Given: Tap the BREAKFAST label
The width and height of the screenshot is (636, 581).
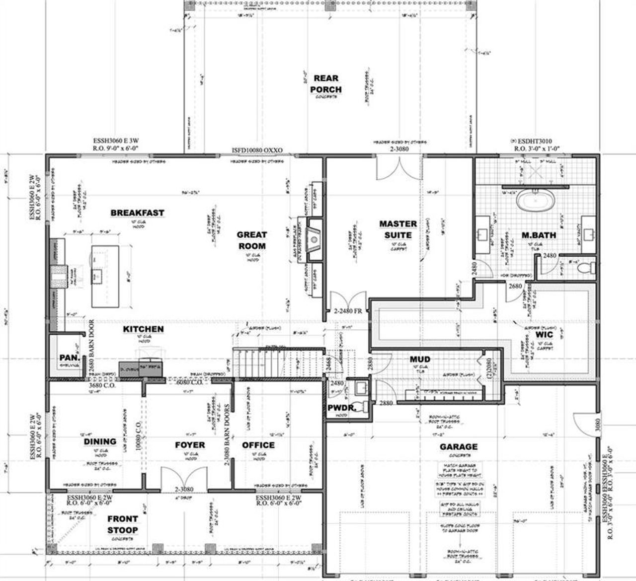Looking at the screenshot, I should [x=137, y=213].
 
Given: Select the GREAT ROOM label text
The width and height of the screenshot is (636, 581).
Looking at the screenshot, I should [x=251, y=240].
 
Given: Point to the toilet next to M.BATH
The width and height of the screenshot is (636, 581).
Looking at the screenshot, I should [x=586, y=268].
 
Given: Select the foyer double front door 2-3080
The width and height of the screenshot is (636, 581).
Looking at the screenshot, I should [x=183, y=478].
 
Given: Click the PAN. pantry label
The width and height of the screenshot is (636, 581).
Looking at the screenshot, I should [x=67, y=358].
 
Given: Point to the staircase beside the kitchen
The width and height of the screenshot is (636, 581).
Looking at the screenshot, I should [x=276, y=363].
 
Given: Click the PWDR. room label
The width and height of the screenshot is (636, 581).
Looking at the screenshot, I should [x=340, y=408].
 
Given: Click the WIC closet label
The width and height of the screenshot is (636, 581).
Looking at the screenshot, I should [x=544, y=334].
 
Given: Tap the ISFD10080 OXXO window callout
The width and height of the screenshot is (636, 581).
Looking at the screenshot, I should [x=257, y=149].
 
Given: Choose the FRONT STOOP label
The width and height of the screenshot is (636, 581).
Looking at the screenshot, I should [x=122, y=524].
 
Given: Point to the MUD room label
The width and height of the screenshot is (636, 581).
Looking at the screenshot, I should [x=420, y=359].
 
